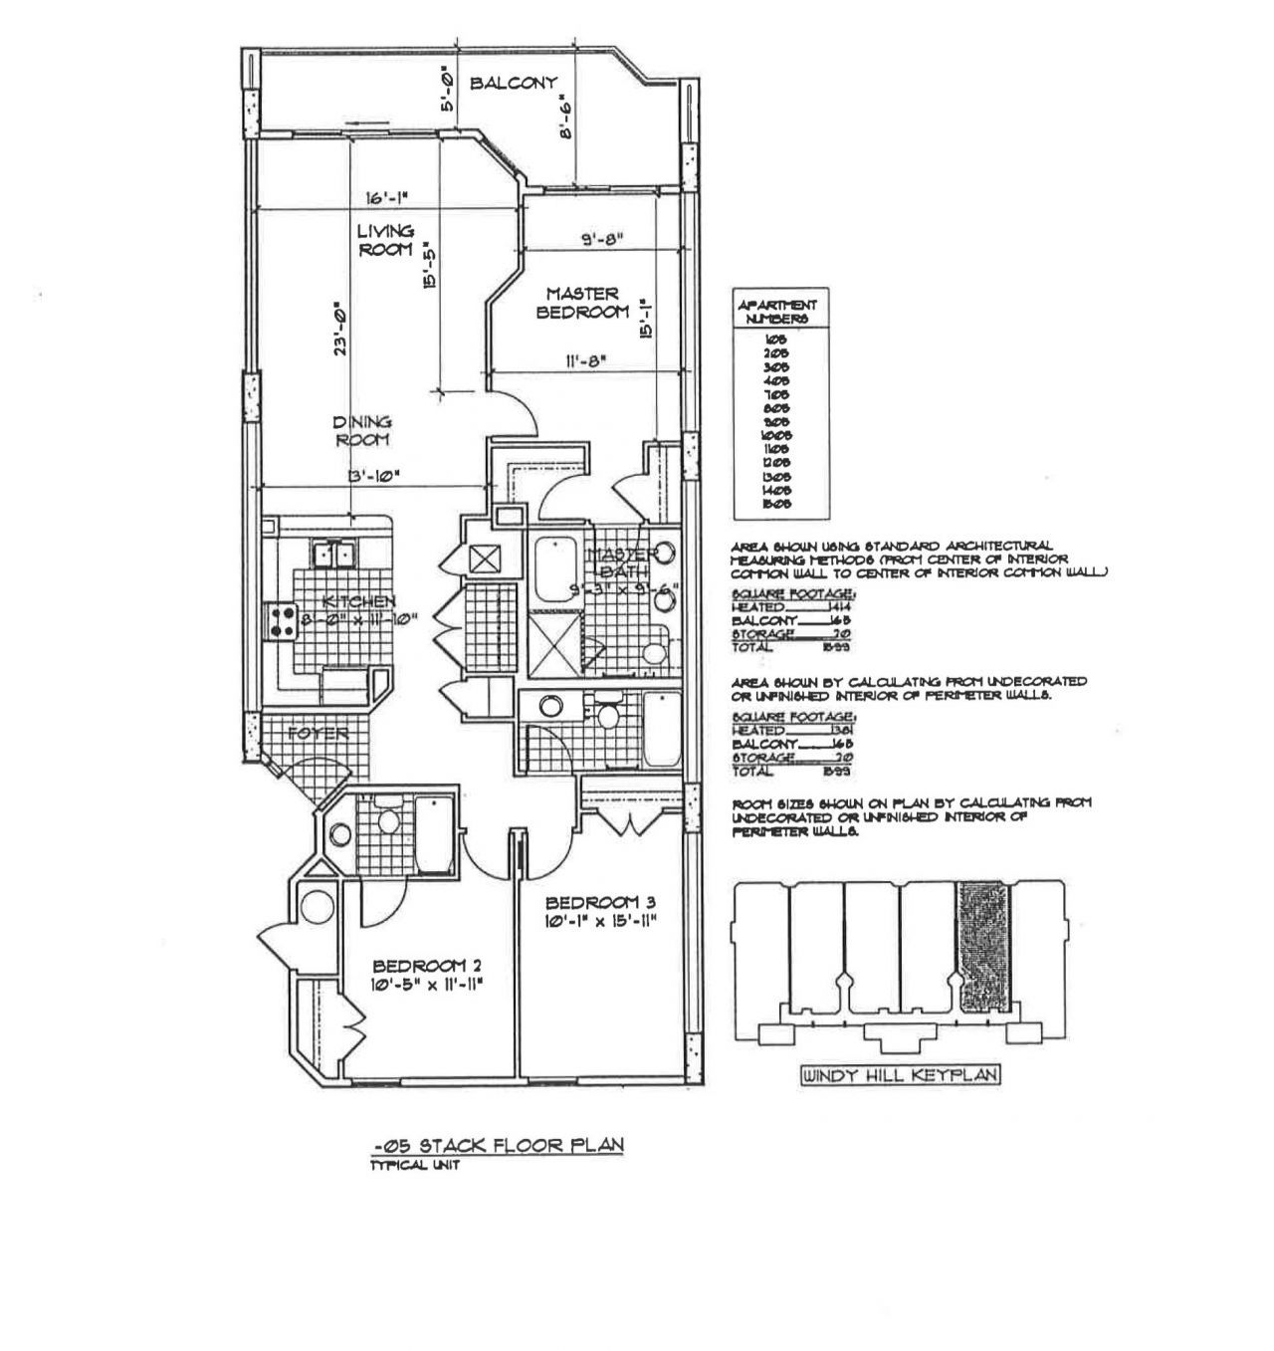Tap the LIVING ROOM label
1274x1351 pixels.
click(x=385, y=240)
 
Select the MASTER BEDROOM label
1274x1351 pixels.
click(x=582, y=303)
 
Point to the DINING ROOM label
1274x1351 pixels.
click(x=362, y=430)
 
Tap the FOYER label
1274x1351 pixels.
click(x=318, y=734)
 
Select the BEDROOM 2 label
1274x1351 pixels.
click(x=427, y=965)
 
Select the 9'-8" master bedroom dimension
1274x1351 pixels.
click(x=600, y=239)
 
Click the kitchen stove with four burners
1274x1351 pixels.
click(x=278, y=622)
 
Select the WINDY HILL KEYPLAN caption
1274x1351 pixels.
click(x=901, y=1074)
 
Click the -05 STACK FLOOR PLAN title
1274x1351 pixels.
click(x=492, y=1145)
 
